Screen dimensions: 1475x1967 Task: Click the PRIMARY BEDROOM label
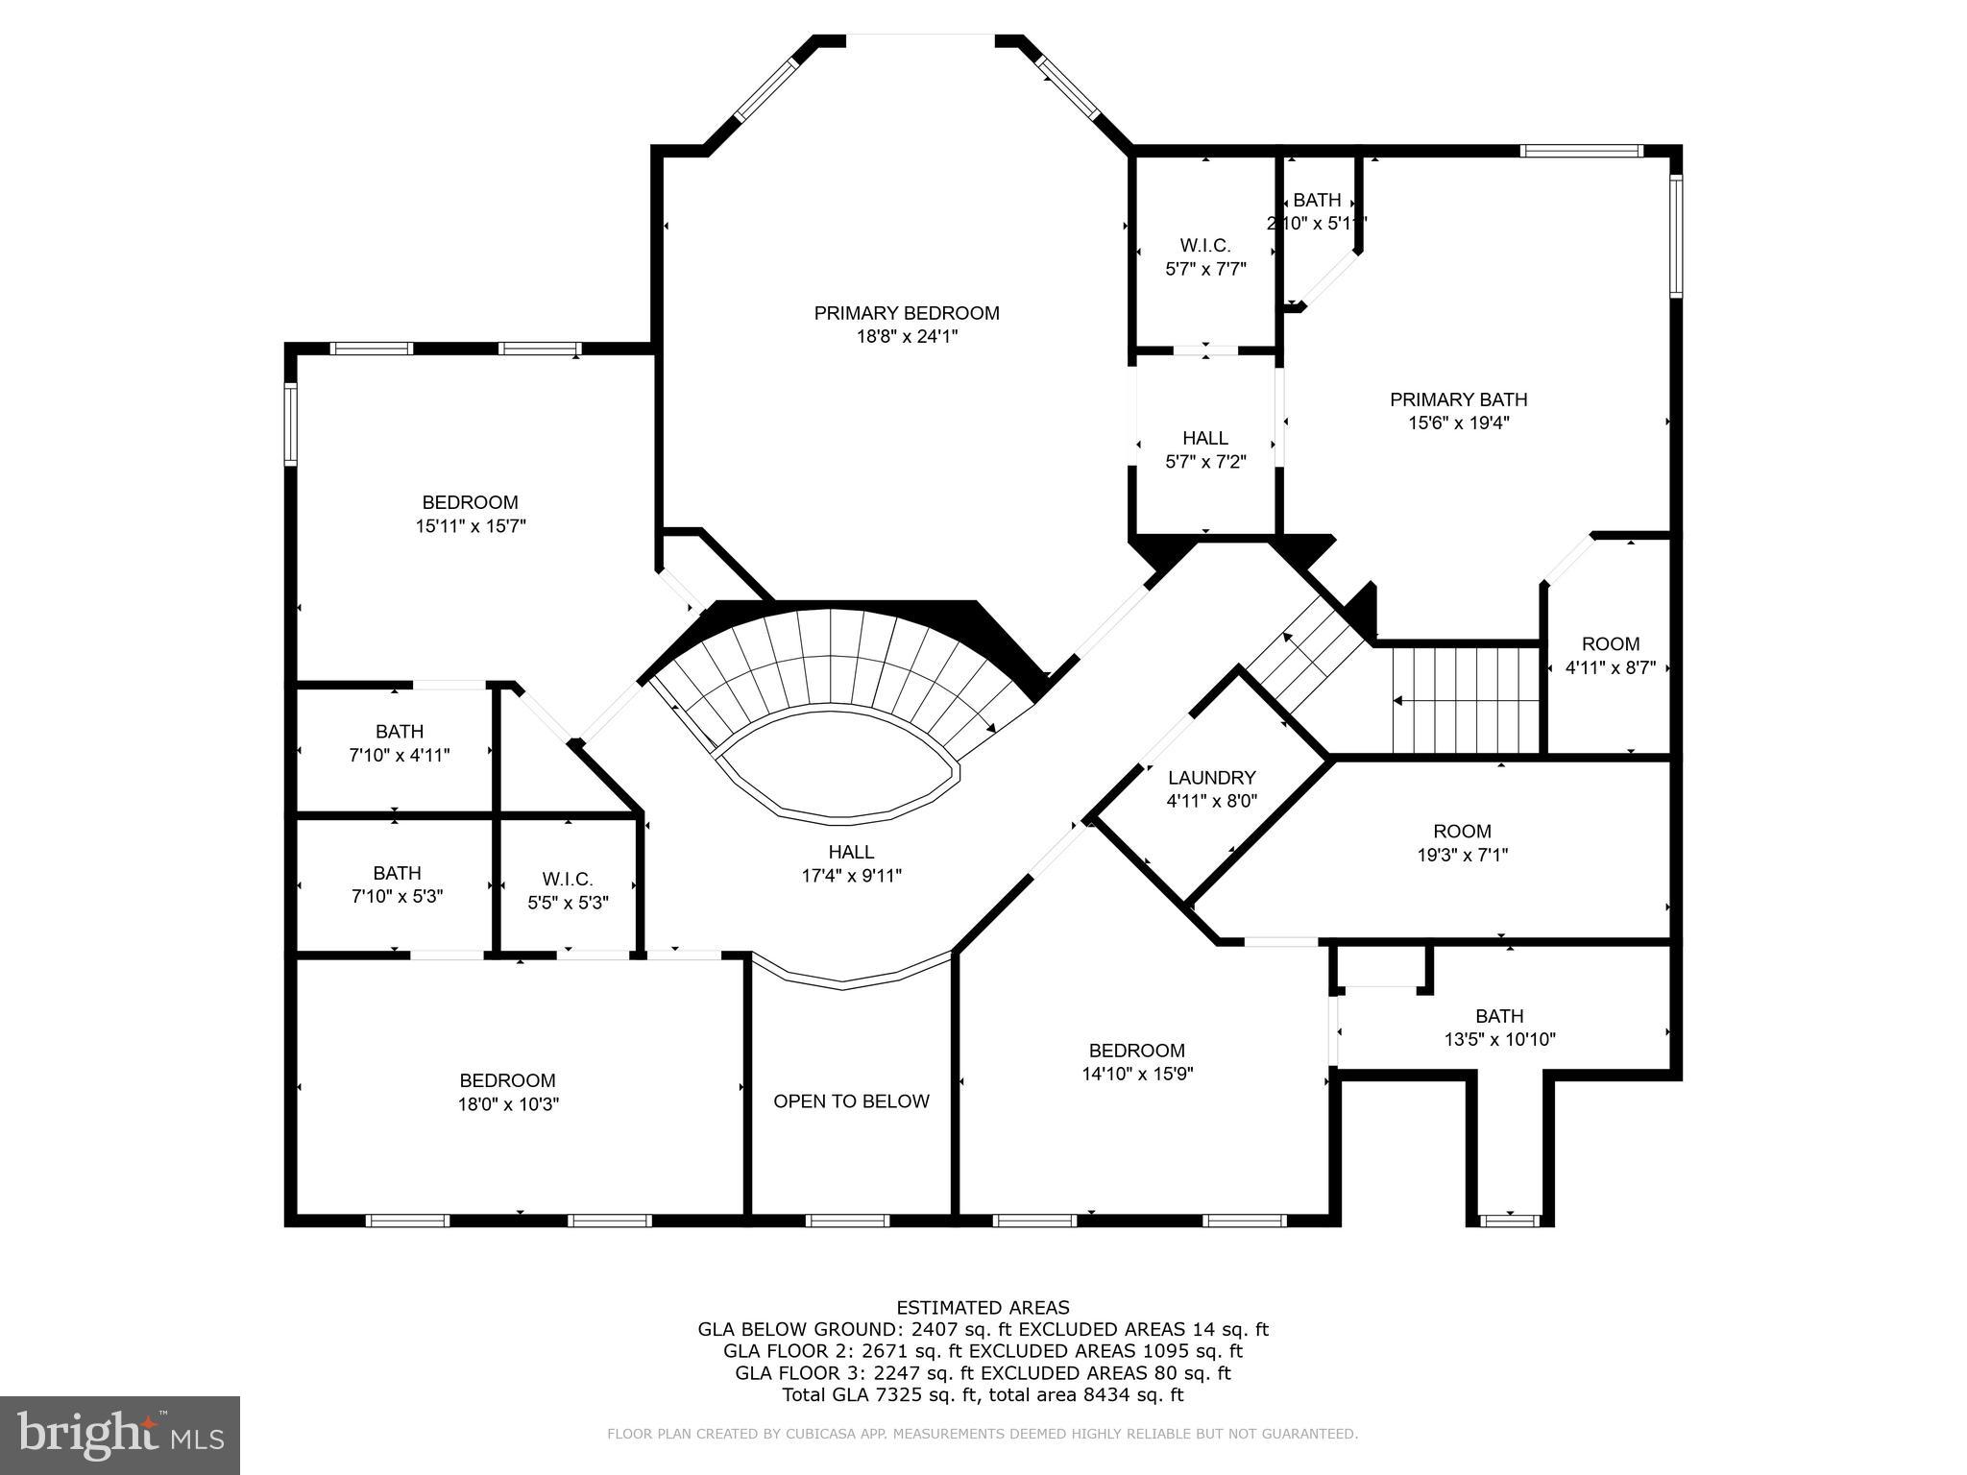[907, 313]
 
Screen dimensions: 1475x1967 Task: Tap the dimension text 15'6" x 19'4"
[1457, 423]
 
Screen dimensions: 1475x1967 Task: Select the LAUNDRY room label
[1211, 778]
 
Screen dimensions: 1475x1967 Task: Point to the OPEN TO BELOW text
[851, 1101]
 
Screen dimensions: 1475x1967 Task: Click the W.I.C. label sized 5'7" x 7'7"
[1205, 246]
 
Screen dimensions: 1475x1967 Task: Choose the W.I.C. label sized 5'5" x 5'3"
[568, 880]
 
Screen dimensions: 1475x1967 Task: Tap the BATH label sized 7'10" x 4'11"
[400, 732]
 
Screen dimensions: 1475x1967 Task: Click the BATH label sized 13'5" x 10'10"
[1499, 1016]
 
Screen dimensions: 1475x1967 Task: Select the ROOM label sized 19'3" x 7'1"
[1462, 832]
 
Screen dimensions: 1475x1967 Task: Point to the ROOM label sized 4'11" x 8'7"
[1611, 644]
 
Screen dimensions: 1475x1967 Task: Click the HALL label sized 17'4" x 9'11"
[851, 852]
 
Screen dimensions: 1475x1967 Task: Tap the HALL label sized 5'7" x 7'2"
[1205, 438]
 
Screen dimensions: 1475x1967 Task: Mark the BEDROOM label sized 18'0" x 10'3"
[507, 1080]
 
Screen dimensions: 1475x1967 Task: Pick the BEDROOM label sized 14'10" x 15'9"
[1137, 1051]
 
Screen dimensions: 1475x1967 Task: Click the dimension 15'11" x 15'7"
[471, 526]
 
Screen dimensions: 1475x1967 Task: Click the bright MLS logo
[120, 1435]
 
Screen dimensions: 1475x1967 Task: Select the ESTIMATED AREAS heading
[983, 1307]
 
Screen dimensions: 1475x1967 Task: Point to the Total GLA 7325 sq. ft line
[983, 1395]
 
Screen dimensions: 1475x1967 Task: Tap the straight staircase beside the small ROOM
[1466, 700]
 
